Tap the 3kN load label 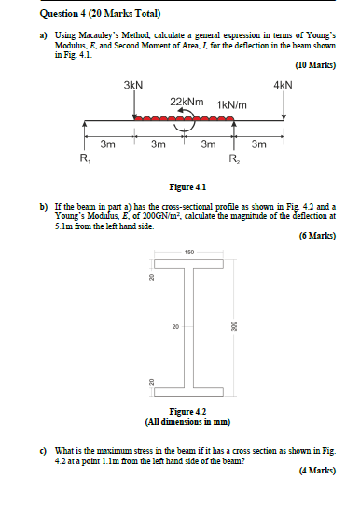click(133, 85)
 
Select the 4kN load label click(284, 85)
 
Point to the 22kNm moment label click(188, 101)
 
